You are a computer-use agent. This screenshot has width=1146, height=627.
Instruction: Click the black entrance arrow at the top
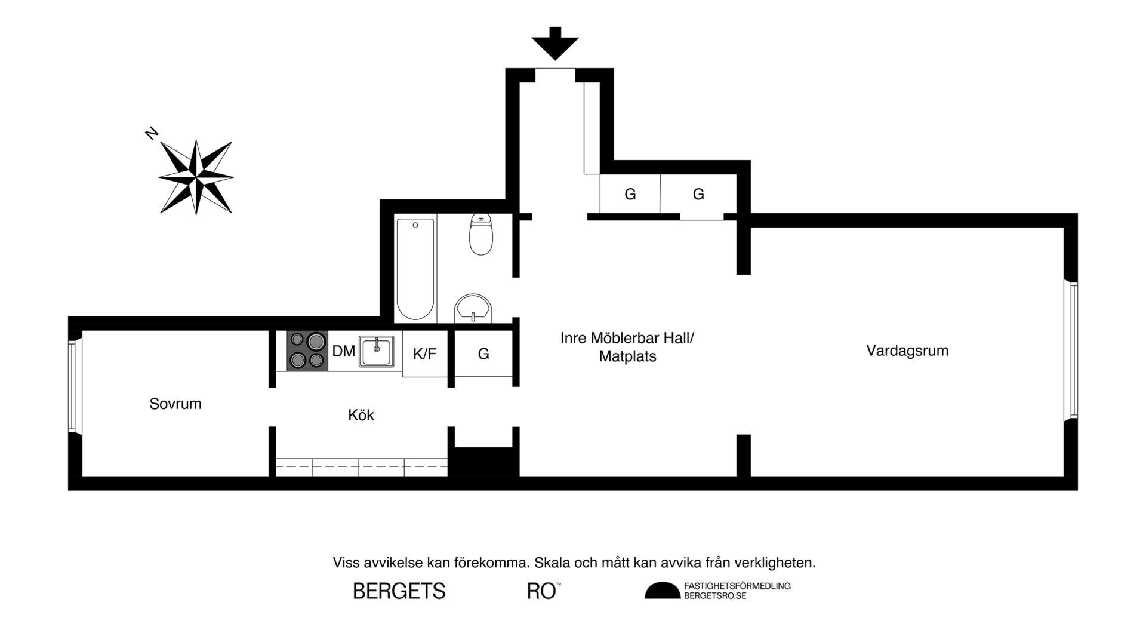click(x=555, y=44)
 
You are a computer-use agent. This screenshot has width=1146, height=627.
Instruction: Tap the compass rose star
click(x=196, y=177)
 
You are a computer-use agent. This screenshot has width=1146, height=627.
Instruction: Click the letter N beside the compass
click(x=152, y=133)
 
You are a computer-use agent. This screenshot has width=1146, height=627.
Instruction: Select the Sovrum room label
click(x=175, y=404)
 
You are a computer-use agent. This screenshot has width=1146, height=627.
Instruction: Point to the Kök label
click(x=361, y=415)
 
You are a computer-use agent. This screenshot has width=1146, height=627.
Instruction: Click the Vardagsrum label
click(x=907, y=351)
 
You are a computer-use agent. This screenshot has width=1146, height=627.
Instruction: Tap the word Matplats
click(x=627, y=356)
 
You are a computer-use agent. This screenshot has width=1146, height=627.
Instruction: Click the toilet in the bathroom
click(x=481, y=234)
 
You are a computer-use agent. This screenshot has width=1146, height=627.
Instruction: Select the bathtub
click(x=415, y=269)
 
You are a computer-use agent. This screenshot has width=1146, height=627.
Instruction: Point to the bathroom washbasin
click(x=474, y=309)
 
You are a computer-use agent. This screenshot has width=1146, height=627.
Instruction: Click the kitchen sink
click(x=376, y=352)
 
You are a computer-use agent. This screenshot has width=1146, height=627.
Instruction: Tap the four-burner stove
click(x=307, y=351)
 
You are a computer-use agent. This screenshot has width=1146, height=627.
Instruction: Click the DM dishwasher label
click(x=343, y=351)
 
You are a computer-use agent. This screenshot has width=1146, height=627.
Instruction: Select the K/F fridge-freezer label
click(x=424, y=354)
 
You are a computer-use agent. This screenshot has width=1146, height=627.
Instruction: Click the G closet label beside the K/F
click(x=483, y=354)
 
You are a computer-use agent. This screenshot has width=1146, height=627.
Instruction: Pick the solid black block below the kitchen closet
click(x=483, y=461)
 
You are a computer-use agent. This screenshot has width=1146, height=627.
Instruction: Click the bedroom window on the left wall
click(x=72, y=386)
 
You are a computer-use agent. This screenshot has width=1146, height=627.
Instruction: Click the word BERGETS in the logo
click(x=399, y=591)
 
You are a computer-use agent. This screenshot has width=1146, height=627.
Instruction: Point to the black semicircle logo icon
click(x=662, y=591)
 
